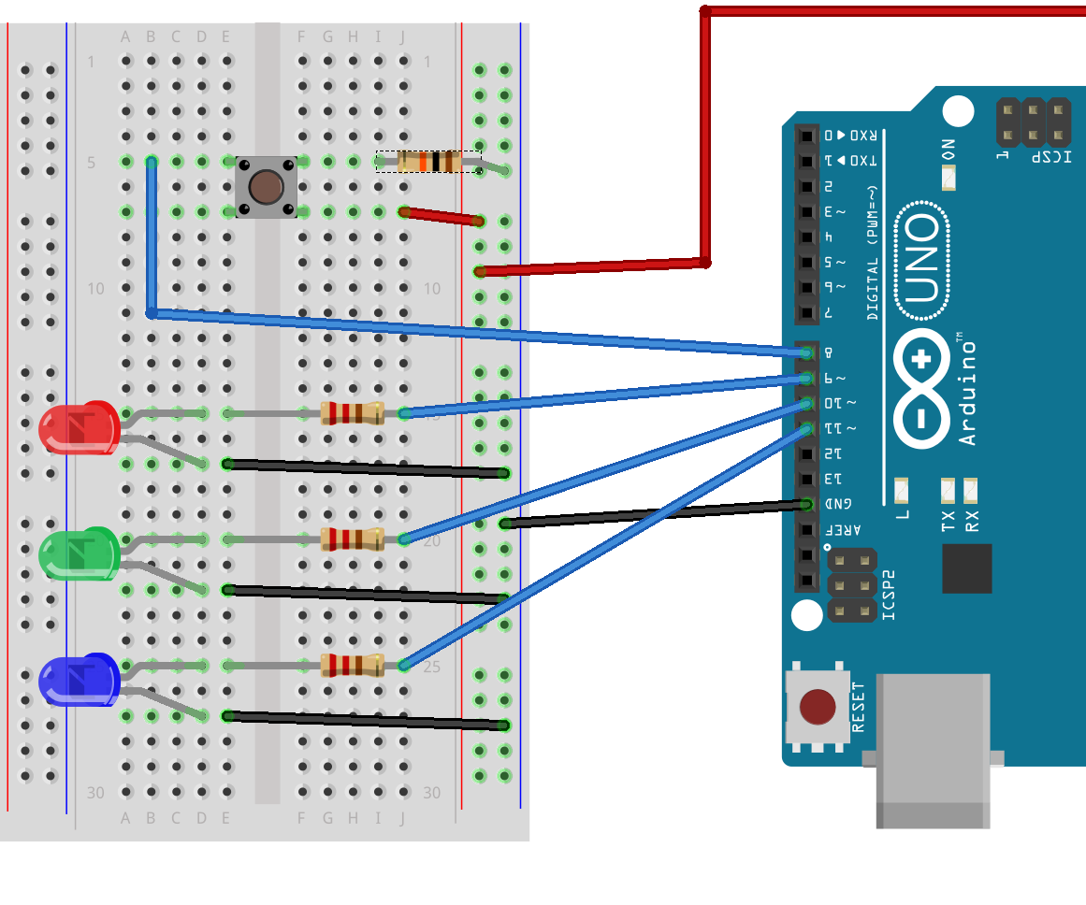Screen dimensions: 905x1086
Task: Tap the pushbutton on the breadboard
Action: [x=267, y=187]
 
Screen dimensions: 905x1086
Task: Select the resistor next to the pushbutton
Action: [x=429, y=162]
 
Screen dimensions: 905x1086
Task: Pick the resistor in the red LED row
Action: [x=353, y=412]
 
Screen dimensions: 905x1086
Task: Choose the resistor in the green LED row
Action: [x=353, y=539]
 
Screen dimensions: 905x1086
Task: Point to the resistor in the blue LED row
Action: [x=353, y=665]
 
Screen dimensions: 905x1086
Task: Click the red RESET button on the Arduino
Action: [x=818, y=708]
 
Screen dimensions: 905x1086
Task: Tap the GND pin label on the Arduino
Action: [x=829, y=505]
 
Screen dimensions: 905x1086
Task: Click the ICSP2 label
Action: [x=889, y=596]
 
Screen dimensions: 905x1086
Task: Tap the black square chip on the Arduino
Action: [x=966, y=567]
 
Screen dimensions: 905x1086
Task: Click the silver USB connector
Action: [x=933, y=748]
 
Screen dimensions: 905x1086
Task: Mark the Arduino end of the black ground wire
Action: [x=807, y=505]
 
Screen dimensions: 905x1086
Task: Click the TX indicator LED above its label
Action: [x=948, y=489]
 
